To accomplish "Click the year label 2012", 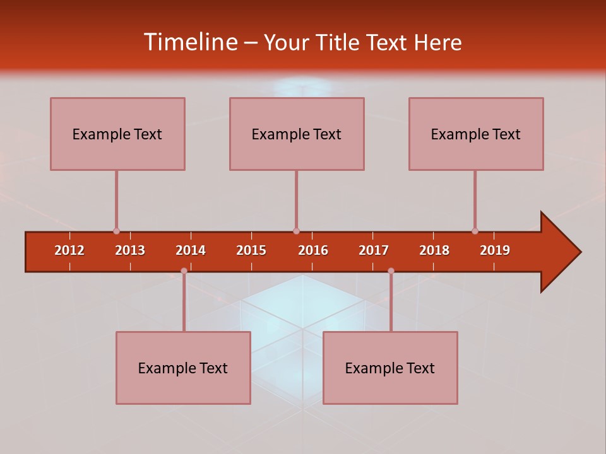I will [69, 250].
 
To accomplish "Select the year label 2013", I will [130, 250].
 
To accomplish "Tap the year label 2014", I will [191, 250].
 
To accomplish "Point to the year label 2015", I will [251, 250].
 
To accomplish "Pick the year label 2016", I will [313, 250].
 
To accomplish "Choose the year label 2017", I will [374, 250].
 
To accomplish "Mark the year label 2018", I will [434, 250].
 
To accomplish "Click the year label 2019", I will [495, 250].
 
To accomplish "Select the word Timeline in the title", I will [190, 42].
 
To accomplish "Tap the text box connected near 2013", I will [117, 134].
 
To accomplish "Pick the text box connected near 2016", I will [297, 134].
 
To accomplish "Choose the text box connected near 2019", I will [476, 134].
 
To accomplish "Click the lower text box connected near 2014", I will [183, 368].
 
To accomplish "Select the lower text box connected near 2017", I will [390, 368].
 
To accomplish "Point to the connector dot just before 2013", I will [116, 231].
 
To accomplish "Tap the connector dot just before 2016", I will [296, 231].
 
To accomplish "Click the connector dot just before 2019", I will [475, 231].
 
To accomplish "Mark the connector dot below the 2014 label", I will [184, 271].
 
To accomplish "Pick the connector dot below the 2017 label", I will [391, 271].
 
